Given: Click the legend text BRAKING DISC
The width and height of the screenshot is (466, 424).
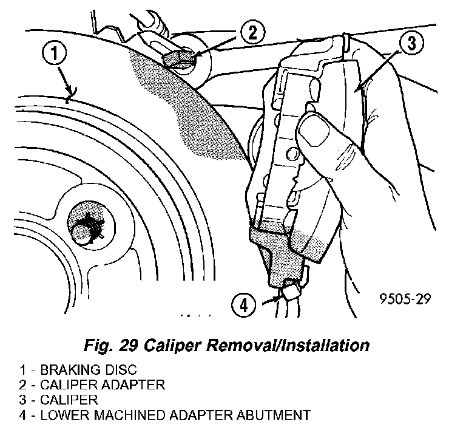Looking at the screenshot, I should [x=103, y=370].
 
